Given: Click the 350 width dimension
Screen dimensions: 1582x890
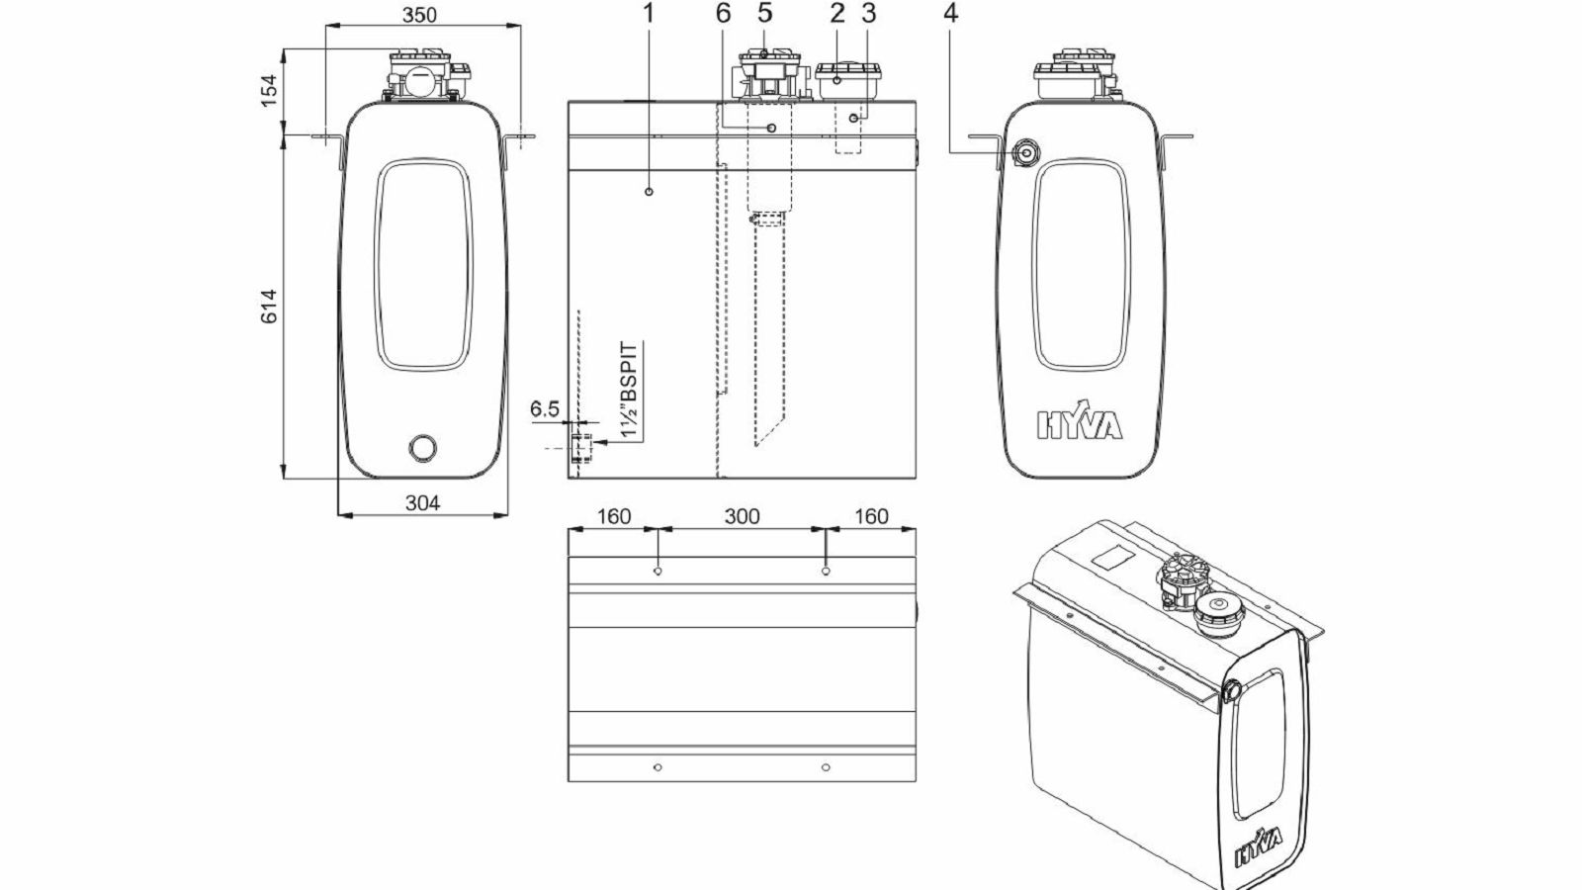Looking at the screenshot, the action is coord(419,15).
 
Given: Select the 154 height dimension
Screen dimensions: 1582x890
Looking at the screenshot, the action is coord(270,90).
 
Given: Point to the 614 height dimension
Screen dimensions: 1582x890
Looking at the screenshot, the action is coord(270,307).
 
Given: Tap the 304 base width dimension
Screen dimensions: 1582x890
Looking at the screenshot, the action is coord(422,503).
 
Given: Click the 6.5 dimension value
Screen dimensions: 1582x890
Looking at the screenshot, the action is coord(545,409).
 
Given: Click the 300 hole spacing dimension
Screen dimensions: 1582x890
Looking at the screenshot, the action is coord(742,516).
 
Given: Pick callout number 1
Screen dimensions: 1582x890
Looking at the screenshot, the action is coord(649,13).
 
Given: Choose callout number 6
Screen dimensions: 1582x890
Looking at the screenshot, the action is coord(723,13).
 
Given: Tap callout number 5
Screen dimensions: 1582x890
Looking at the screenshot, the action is coord(765,13).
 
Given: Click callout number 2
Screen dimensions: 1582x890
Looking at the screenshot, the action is coord(837,13).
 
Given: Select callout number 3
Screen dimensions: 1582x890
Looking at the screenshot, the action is coord(869,13).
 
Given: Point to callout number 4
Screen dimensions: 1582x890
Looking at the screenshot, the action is coord(950,13).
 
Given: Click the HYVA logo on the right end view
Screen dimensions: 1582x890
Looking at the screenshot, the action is coord(1079,423).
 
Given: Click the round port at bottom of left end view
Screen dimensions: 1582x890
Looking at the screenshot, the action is coord(423,447).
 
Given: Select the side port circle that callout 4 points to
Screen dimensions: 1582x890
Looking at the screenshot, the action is coord(1024,152).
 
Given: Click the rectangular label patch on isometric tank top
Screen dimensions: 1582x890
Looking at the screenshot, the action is coord(1113,557).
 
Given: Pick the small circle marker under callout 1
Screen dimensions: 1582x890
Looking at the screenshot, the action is coord(649,192).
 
